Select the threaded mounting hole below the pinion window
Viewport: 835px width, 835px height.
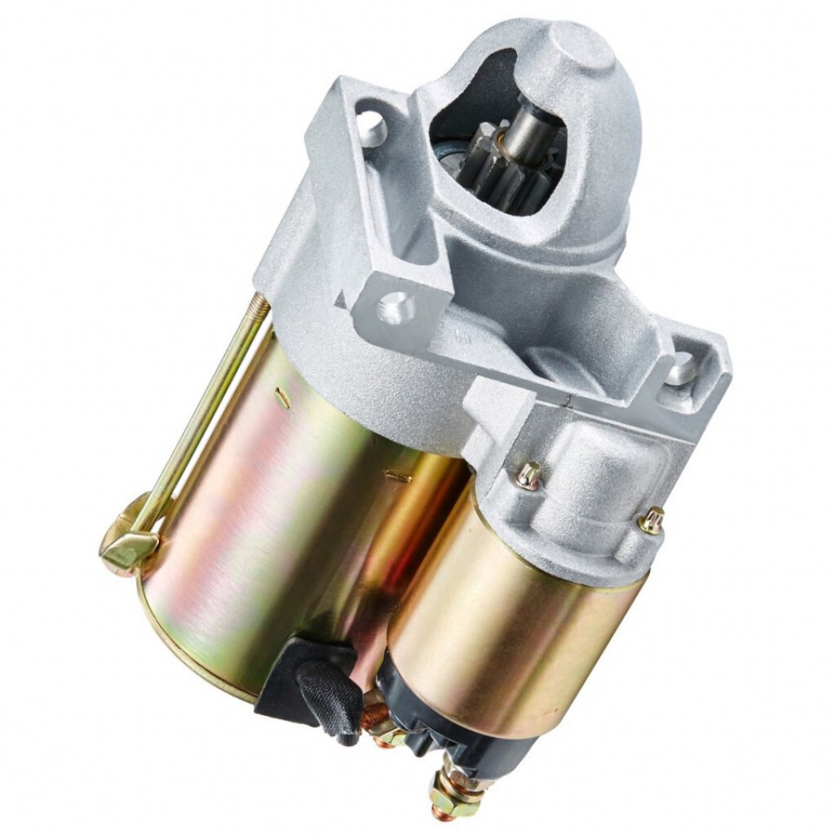tap(397, 307)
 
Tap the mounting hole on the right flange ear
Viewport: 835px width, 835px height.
tap(683, 369)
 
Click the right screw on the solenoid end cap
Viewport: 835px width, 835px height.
tap(652, 520)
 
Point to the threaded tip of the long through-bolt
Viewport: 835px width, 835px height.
tap(258, 305)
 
